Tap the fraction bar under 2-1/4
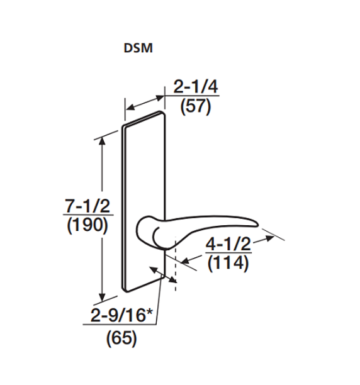186,96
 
